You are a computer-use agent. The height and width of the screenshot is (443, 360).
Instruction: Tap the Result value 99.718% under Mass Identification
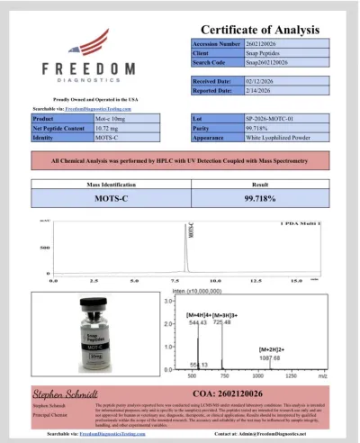(260, 196)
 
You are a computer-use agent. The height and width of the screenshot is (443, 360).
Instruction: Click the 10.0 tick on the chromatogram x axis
(230, 281)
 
